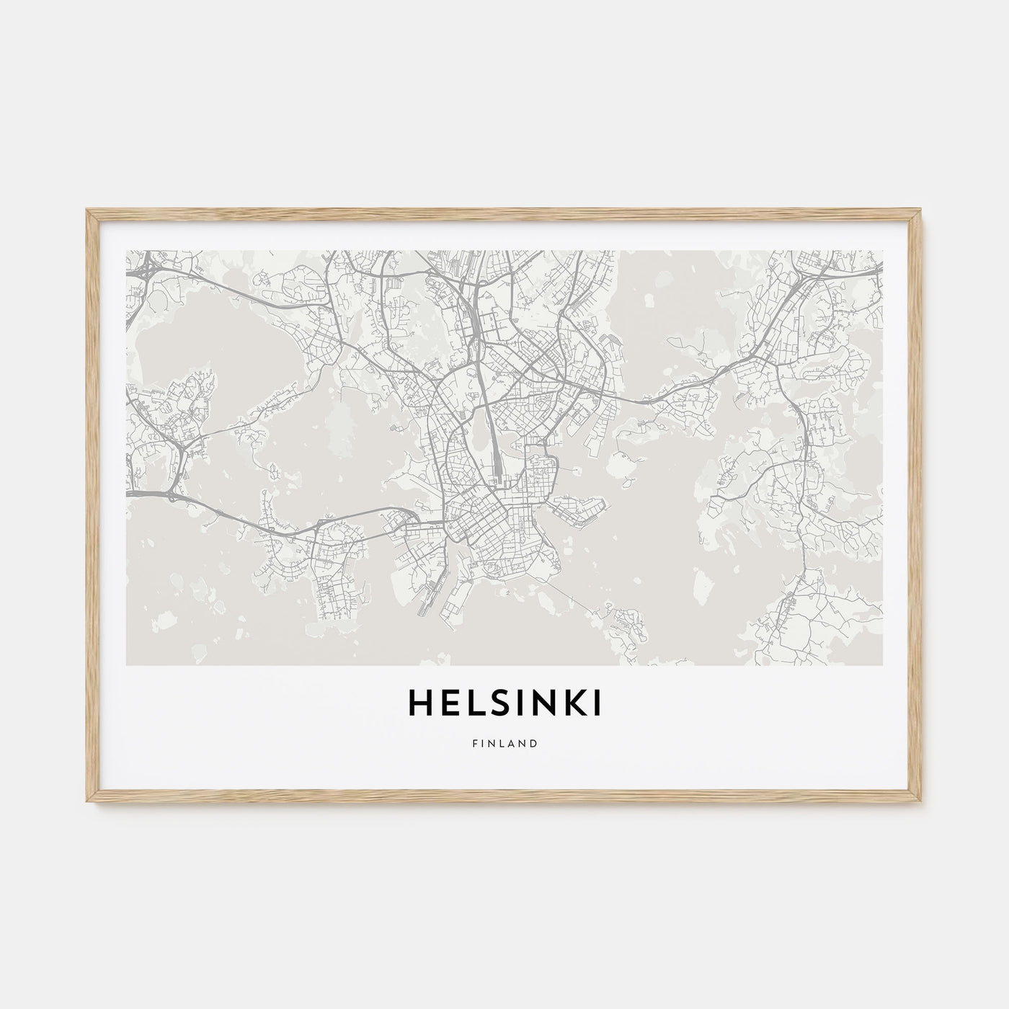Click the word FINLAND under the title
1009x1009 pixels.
(504, 743)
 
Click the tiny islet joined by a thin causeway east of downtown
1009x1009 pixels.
(579, 468)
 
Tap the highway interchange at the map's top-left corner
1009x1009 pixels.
(144, 270)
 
